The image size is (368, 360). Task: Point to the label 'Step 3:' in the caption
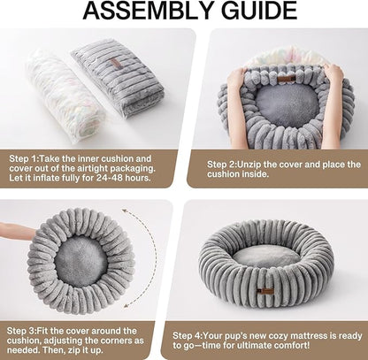tap(25, 331)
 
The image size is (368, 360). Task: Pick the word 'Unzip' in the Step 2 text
tap(256, 165)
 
